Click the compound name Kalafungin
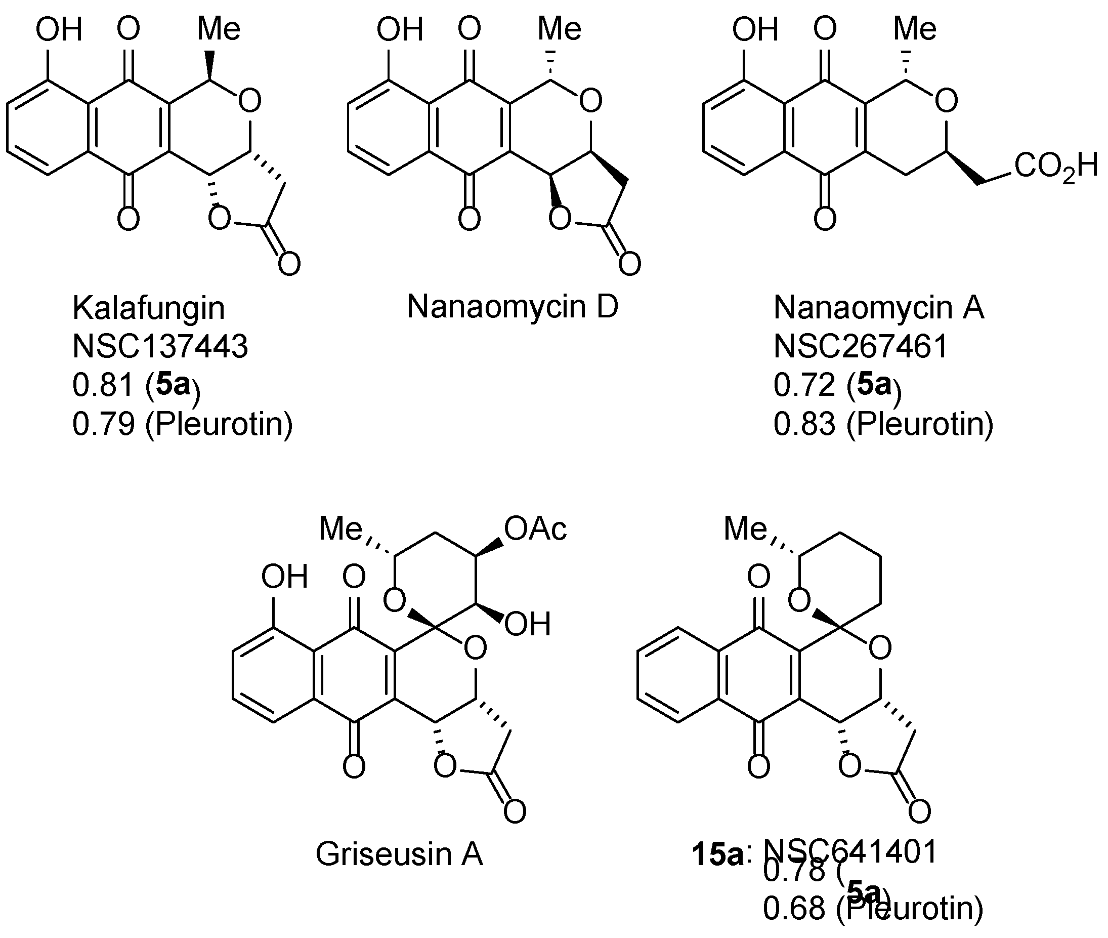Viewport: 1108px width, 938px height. click(148, 308)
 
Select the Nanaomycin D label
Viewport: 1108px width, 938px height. click(513, 307)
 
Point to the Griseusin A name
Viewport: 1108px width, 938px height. click(399, 854)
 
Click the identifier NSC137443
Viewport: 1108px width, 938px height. click(160, 347)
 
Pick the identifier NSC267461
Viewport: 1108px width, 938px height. click(861, 347)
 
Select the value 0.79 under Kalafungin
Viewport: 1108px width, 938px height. click(103, 424)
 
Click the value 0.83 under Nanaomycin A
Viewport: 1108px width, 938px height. click(804, 424)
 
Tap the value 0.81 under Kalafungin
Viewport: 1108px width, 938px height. click(103, 385)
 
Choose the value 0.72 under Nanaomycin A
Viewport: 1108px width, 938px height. click(804, 385)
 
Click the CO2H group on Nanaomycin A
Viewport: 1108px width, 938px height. click(1055, 167)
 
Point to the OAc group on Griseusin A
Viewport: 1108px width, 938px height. click(535, 529)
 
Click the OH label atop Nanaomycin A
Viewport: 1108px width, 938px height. click(755, 29)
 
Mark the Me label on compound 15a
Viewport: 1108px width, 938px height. click(745, 529)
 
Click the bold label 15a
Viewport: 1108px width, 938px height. click(717, 853)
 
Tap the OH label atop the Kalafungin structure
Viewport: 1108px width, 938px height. click(59, 29)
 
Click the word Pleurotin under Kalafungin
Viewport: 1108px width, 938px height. click(219, 424)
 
